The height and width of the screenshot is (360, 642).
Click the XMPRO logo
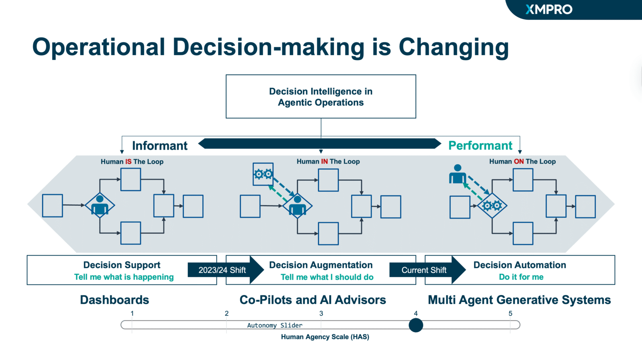click(549, 9)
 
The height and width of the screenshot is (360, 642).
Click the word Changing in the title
click(453, 48)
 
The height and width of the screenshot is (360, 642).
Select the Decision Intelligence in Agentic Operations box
click(321, 97)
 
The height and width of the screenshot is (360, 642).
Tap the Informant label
click(159, 146)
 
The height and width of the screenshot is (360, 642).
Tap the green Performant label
click(480, 146)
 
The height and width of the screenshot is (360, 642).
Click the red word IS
click(128, 162)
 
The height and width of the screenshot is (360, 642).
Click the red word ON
click(519, 162)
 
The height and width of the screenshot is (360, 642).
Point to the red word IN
click(324, 162)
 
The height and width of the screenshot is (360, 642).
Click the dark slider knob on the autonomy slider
click(416, 325)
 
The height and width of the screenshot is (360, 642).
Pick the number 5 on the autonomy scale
click(510, 313)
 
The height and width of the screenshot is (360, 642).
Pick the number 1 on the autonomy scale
click(132, 313)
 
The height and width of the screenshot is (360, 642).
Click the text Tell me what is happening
click(124, 277)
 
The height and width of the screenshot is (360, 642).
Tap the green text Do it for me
click(521, 277)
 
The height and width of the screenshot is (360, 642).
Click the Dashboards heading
click(114, 300)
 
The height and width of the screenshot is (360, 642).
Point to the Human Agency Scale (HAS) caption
click(325, 337)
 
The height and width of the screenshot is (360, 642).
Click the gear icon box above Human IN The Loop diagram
click(263, 174)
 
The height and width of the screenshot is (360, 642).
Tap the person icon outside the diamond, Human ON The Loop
click(457, 174)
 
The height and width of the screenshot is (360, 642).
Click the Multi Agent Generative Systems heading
click(519, 300)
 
